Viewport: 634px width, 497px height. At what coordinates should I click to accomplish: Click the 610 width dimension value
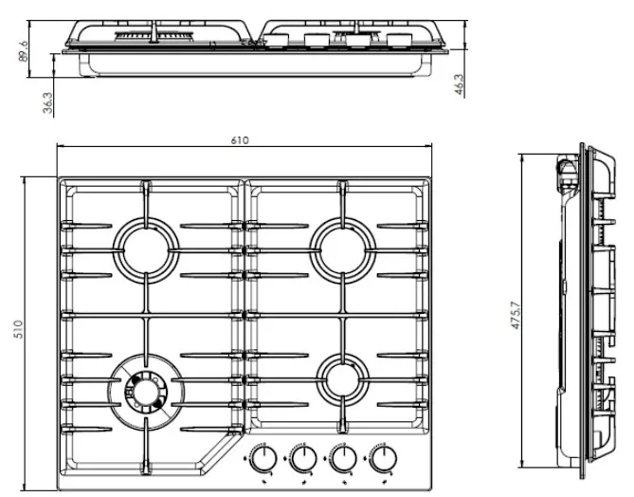click(x=240, y=140)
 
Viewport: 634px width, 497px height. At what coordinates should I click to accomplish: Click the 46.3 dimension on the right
click(x=459, y=83)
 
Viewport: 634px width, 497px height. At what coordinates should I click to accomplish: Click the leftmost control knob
click(x=262, y=462)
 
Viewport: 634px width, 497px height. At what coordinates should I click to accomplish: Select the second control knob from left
click(x=302, y=462)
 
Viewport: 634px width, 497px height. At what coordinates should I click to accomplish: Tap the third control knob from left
click(x=343, y=462)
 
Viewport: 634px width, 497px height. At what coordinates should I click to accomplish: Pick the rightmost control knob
click(x=383, y=462)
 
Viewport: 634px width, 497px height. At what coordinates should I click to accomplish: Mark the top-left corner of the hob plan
click(x=60, y=178)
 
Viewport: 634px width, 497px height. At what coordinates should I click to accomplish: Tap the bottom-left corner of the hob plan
click(x=60, y=488)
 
